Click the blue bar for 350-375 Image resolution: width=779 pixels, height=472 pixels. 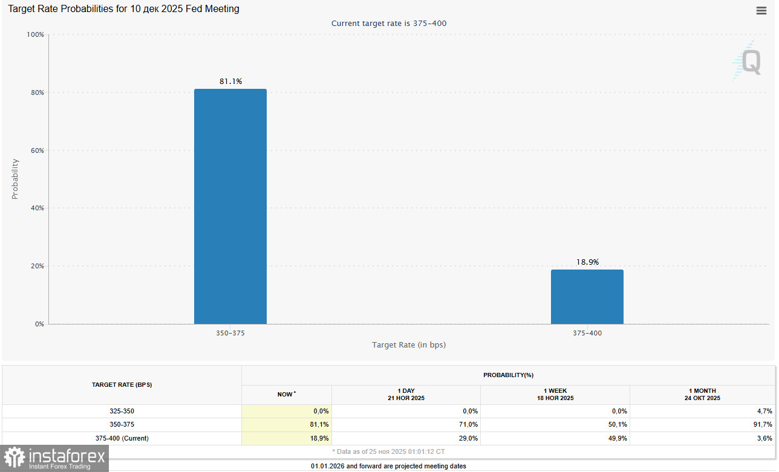(230, 206)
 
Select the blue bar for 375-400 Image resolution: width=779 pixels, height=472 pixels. (587, 296)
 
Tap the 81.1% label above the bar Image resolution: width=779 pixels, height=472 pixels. (230, 81)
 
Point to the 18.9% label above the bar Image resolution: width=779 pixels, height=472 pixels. (587, 262)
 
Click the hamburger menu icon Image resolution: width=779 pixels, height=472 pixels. (761, 10)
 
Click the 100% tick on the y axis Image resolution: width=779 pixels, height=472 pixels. (36, 34)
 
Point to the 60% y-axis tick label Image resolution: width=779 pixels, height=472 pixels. (37, 150)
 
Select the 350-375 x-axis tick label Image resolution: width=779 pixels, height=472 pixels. (230, 333)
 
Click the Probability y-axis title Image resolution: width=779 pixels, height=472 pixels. (15, 179)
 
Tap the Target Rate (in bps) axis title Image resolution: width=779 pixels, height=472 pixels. (409, 344)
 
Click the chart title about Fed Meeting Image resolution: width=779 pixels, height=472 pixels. (123, 9)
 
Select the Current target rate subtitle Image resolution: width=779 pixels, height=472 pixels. (389, 23)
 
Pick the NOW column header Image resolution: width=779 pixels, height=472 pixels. (286, 394)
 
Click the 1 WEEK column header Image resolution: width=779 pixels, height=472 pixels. (555, 394)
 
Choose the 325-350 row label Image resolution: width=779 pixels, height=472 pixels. (122, 411)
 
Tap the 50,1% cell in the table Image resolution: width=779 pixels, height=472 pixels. (618, 424)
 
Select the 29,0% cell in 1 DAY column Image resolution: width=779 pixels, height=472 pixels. (468, 438)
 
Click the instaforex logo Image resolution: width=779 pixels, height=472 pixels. (54, 458)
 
